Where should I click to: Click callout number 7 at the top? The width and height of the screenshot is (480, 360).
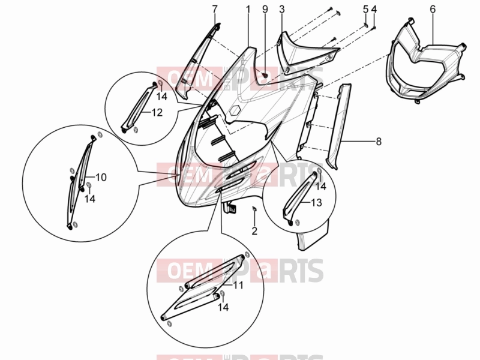click(215, 9)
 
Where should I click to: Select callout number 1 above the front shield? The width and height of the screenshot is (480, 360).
click(248, 9)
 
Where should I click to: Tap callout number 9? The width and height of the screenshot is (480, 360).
click(265, 9)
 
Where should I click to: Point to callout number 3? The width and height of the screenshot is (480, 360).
click(282, 9)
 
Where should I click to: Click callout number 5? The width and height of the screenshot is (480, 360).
click(366, 9)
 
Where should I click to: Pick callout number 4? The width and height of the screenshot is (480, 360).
click(374, 9)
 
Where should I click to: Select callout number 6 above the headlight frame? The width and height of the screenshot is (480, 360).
click(433, 9)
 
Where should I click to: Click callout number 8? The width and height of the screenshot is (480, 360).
click(379, 142)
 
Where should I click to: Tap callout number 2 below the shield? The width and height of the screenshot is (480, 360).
click(254, 231)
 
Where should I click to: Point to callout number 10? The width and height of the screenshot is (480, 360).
click(101, 177)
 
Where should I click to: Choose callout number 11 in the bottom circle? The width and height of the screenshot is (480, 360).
click(238, 286)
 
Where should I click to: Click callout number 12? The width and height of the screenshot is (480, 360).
click(157, 113)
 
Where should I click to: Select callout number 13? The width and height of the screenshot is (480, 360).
click(317, 202)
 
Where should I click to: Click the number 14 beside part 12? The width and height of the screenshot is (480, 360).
click(162, 97)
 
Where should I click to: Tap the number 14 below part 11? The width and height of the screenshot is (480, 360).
click(223, 307)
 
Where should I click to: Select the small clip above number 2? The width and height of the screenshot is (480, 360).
click(254, 209)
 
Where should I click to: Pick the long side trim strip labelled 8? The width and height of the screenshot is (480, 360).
click(338, 125)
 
